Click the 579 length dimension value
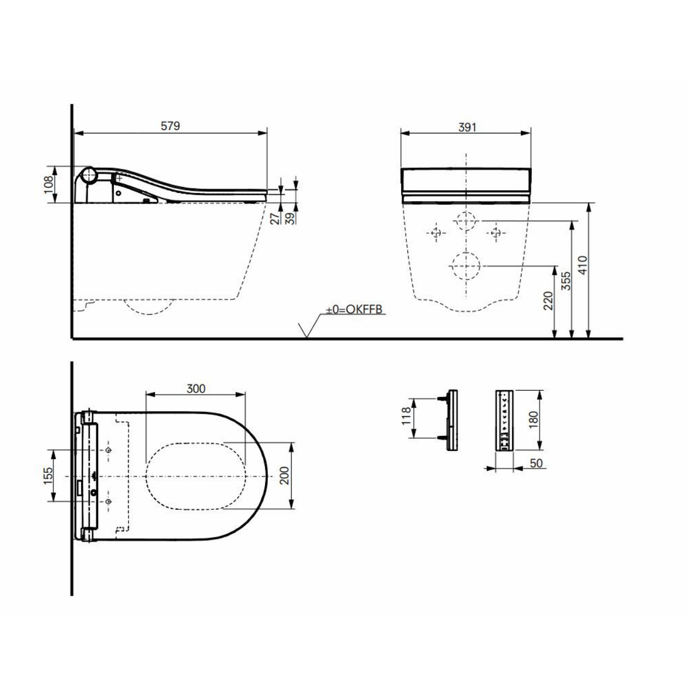click(170, 126)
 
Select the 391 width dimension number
click(467, 127)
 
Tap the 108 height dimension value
click(49, 185)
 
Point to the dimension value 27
click(275, 218)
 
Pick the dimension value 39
click(291, 218)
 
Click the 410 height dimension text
click(583, 265)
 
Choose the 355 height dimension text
click(566, 281)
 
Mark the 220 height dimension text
click(548, 301)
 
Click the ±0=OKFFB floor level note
click(354, 309)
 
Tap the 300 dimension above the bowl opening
click(196, 388)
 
